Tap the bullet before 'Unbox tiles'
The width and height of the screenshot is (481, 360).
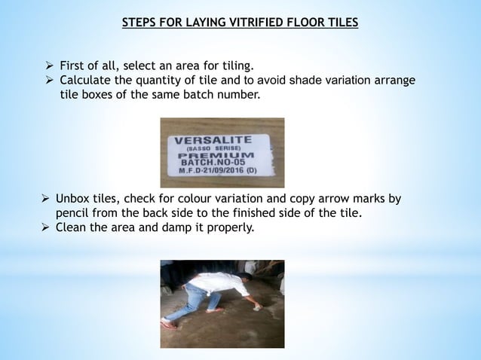pyautogui.click(x=45, y=200)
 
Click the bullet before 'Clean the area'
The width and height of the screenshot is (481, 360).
pyautogui.click(x=45, y=228)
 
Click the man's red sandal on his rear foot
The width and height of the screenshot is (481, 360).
pyautogui.click(x=170, y=324)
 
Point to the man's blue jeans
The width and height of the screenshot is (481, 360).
pyautogui.click(x=185, y=301)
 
